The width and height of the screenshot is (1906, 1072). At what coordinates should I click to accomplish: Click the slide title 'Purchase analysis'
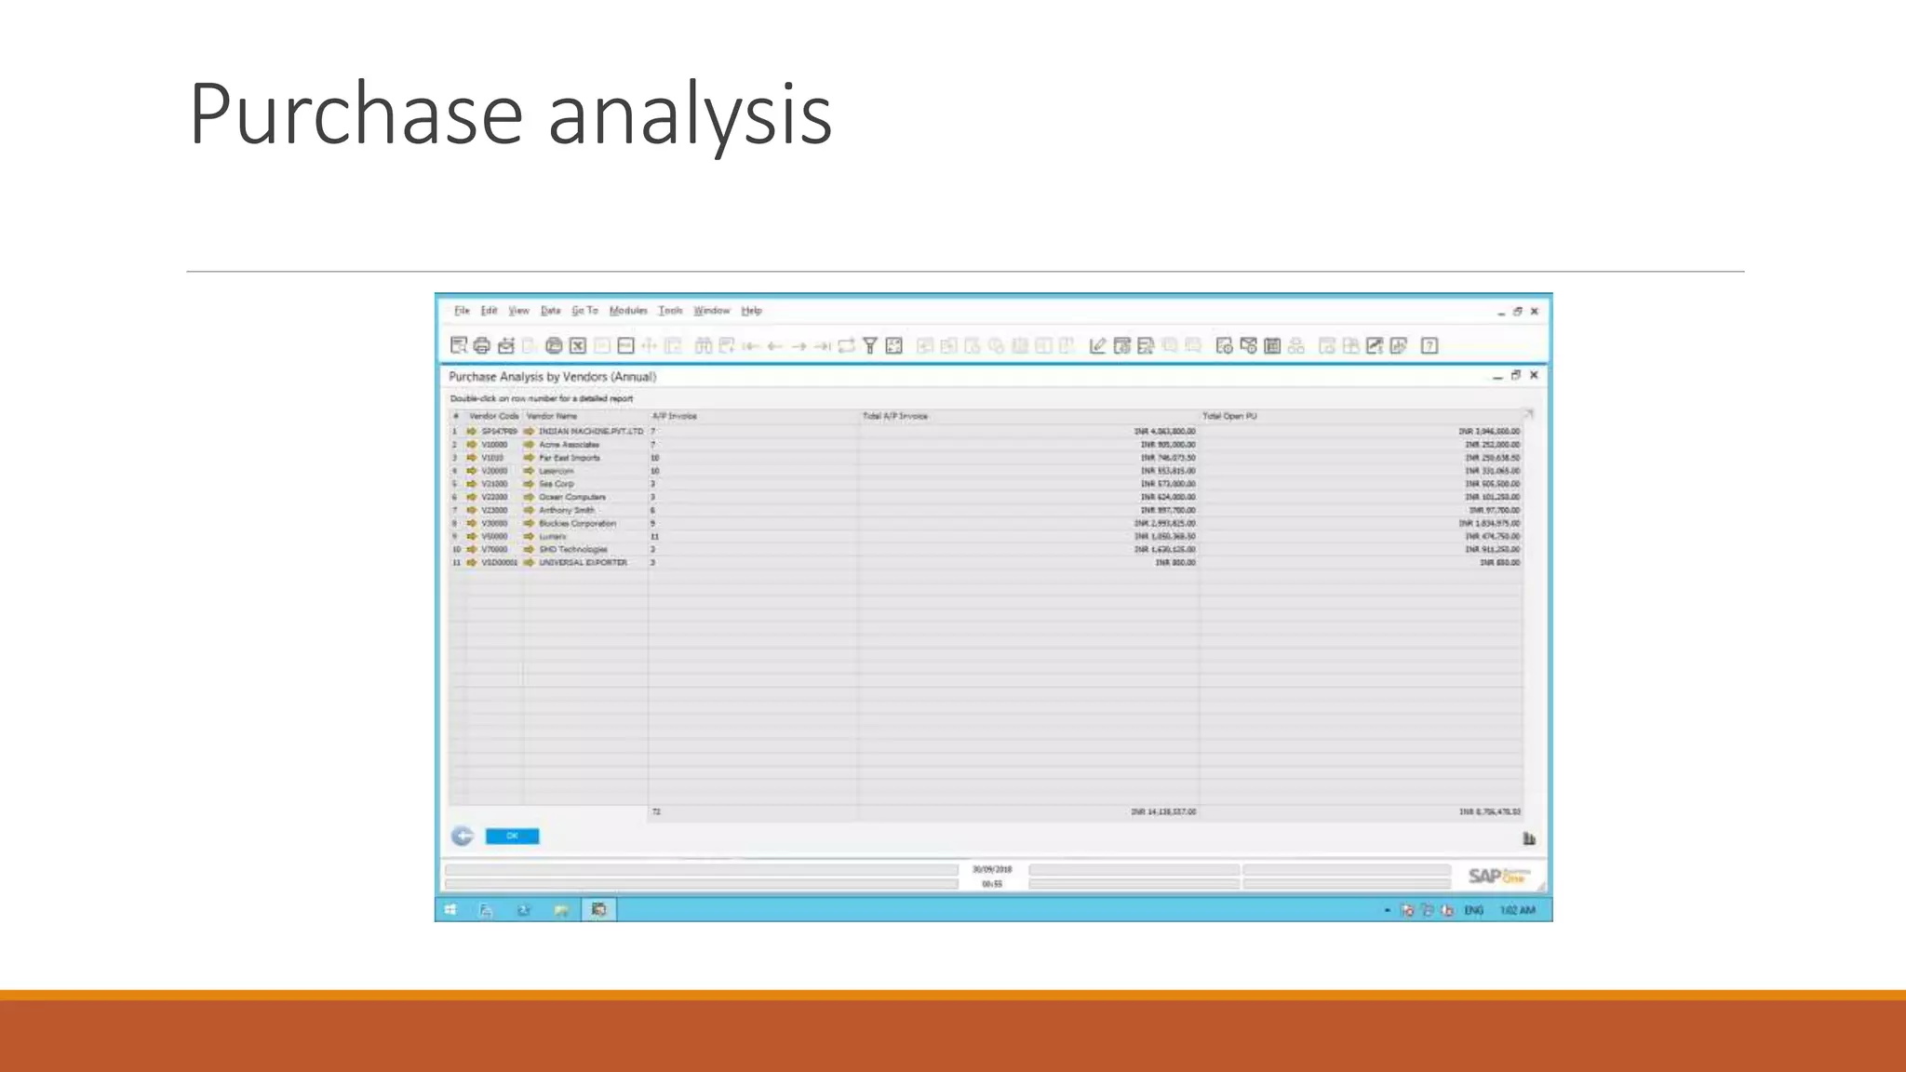510,114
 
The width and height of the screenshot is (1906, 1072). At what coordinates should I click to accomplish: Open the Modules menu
628,311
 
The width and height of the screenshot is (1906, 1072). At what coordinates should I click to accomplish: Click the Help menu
751,311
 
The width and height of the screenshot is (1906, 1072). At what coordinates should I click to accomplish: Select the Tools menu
670,311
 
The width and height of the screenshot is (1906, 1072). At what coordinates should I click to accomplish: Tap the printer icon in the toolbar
482,346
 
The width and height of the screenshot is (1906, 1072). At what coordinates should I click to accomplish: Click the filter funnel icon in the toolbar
870,346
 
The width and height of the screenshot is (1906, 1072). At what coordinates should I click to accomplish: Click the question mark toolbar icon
1429,346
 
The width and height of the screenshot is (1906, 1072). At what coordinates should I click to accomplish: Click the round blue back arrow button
463,837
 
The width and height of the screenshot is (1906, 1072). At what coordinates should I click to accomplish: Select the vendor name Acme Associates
569,445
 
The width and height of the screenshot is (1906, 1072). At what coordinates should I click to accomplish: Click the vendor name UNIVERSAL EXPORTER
583,563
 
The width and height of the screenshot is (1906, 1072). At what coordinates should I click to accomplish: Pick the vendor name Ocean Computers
571,497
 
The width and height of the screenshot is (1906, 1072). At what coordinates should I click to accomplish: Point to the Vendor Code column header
493,416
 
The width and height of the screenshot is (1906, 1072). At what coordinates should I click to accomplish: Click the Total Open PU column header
1229,416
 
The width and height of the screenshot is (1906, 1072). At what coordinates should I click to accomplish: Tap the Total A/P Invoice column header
894,416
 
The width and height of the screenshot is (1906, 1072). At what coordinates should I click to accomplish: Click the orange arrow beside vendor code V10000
472,445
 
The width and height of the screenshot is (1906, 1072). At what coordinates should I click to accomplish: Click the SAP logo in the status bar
1497,876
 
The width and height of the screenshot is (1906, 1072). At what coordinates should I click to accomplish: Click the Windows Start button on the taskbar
450,910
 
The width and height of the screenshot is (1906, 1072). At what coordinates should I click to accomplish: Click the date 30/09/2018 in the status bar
992,869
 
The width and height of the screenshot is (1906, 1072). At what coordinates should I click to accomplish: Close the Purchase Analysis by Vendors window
1534,375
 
